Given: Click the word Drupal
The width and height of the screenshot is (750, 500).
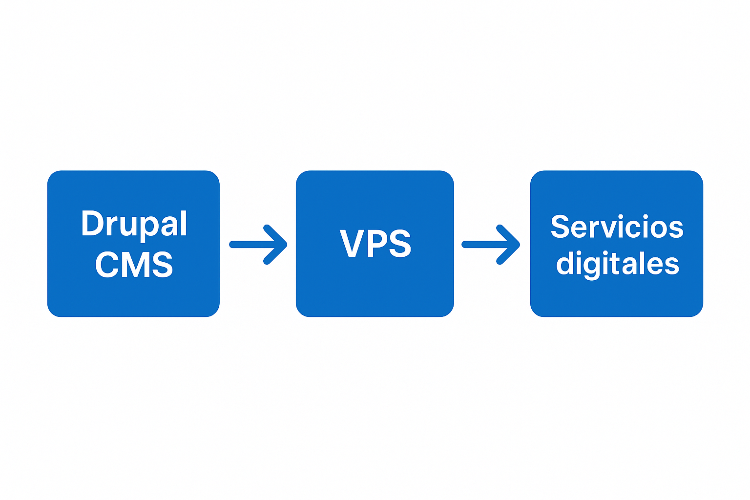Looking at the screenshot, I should [x=134, y=224].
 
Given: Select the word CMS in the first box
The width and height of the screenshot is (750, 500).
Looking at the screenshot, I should [x=134, y=265].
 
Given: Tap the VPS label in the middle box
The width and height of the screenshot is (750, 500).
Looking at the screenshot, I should [x=375, y=243].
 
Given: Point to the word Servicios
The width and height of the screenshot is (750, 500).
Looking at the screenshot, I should [x=617, y=227].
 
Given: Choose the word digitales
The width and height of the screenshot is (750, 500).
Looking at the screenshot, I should [x=617, y=264].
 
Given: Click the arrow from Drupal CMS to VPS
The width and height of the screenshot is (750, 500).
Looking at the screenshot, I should [x=258, y=245].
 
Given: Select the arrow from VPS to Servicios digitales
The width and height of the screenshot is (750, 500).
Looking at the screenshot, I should [x=490, y=245].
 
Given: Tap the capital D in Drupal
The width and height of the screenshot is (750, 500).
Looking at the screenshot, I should [x=91, y=224].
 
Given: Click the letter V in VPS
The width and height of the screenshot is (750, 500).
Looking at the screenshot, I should [x=350, y=243].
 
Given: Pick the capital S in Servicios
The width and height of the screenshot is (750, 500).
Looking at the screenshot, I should [x=560, y=227].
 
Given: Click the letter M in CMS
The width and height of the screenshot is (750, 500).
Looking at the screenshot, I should [x=134, y=265].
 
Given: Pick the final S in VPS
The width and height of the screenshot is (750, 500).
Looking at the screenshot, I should [x=400, y=243].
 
